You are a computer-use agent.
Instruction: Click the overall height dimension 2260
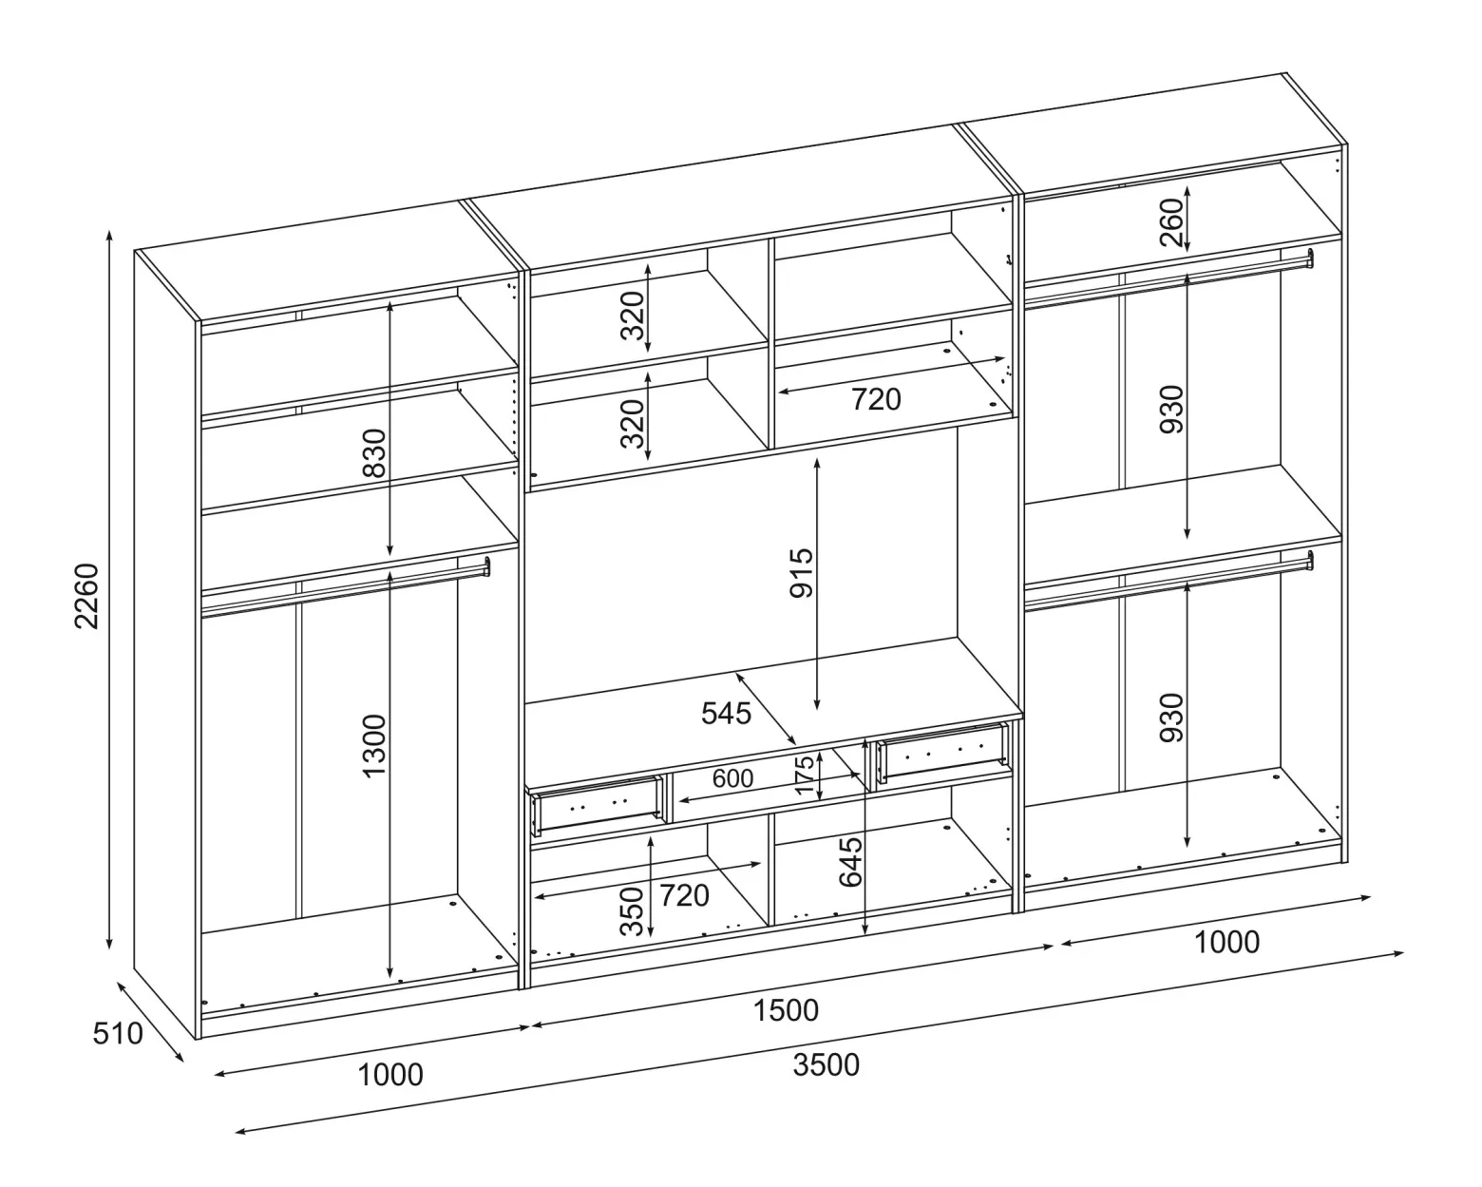86,596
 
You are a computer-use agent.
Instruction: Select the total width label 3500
826,1065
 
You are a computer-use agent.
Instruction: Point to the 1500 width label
786,1010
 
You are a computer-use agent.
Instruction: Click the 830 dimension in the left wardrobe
375,452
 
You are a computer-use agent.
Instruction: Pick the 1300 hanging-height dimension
375,746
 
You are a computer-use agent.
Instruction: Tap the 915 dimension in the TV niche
802,572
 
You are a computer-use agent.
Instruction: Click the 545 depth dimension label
726,713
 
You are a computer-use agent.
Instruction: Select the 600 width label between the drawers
732,778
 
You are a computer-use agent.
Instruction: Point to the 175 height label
805,775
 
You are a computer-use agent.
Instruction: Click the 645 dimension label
850,862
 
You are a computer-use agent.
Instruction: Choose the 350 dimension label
632,911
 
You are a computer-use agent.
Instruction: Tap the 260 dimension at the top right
1171,221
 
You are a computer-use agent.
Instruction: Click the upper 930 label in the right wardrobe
1171,410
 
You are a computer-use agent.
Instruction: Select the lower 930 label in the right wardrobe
1171,718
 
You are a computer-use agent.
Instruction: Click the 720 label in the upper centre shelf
876,399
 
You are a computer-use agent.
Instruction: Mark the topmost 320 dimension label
632,316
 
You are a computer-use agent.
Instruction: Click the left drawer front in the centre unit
597,804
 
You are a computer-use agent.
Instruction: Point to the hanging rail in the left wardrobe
345,587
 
